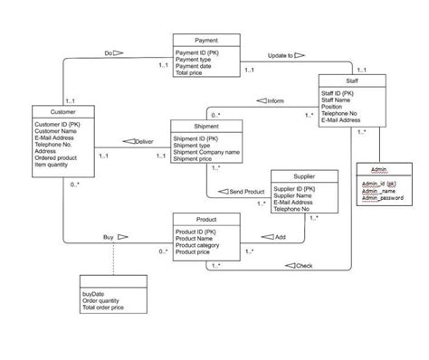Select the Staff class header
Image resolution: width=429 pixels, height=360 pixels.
[351, 80]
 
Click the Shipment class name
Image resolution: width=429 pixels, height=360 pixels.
[205, 126]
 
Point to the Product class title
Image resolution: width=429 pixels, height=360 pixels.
[205, 220]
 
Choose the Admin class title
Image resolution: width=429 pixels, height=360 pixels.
[378, 170]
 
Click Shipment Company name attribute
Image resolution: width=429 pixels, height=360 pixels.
[206, 152]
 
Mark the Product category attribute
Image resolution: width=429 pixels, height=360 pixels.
[199, 244]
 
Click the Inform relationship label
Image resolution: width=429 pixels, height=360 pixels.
[275, 100]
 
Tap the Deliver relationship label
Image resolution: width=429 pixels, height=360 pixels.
[144, 142]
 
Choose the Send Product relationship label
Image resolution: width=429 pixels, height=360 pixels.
[246, 192]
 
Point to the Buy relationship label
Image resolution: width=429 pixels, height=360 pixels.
[110, 237]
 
